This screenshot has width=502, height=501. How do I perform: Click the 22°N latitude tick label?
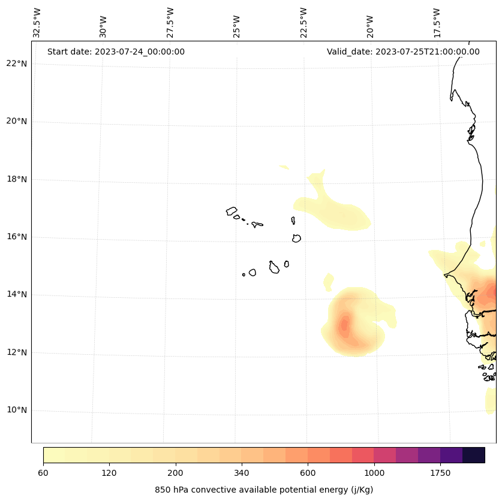click(x=16, y=64)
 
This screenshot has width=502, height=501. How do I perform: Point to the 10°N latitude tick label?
click(x=16, y=411)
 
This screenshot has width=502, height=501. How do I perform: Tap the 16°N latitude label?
click(x=16, y=237)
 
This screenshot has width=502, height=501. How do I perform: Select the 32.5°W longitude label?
click(x=37, y=23)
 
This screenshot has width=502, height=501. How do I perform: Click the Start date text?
click(x=116, y=52)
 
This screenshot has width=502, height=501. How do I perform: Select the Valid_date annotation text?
click(x=403, y=52)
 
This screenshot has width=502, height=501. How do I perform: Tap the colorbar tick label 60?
click(x=43, y=473)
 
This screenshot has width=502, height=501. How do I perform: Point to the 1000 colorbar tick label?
click(x=374, y=473)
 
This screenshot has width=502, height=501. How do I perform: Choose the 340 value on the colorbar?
click(x=242, y=473)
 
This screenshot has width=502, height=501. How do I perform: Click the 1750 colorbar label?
click(x=440, y=473)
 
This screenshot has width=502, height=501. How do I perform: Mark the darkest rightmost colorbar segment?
click(x=474, y=455)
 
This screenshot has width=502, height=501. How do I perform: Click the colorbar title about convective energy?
click(x=264, y=490)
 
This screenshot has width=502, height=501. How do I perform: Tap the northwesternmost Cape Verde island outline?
click(x=232, y=211)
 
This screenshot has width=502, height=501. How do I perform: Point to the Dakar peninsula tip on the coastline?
click(x=445, y=275)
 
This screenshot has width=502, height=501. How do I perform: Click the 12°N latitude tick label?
click(x=16, y=352)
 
